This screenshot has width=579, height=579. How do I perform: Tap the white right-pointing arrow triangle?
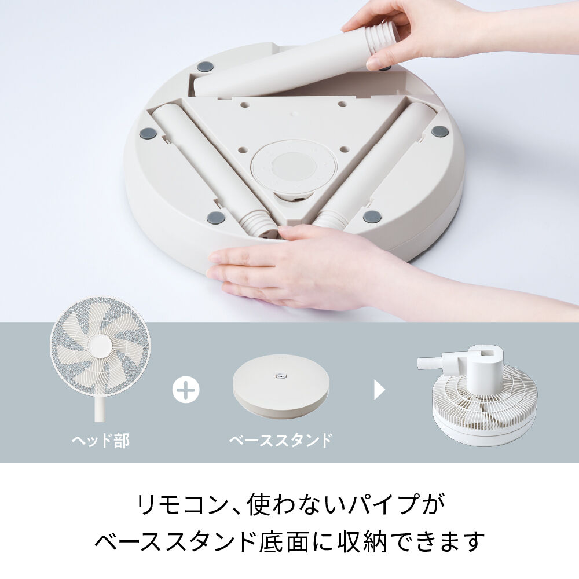click(x=379, y=390)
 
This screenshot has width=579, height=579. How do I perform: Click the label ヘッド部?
click(x=100, y=440)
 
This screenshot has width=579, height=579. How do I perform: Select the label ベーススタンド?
click(x=281, y=440)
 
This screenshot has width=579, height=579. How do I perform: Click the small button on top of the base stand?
click(x=281, y=377)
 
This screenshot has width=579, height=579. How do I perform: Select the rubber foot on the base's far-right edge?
click(x=439, y=131)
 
